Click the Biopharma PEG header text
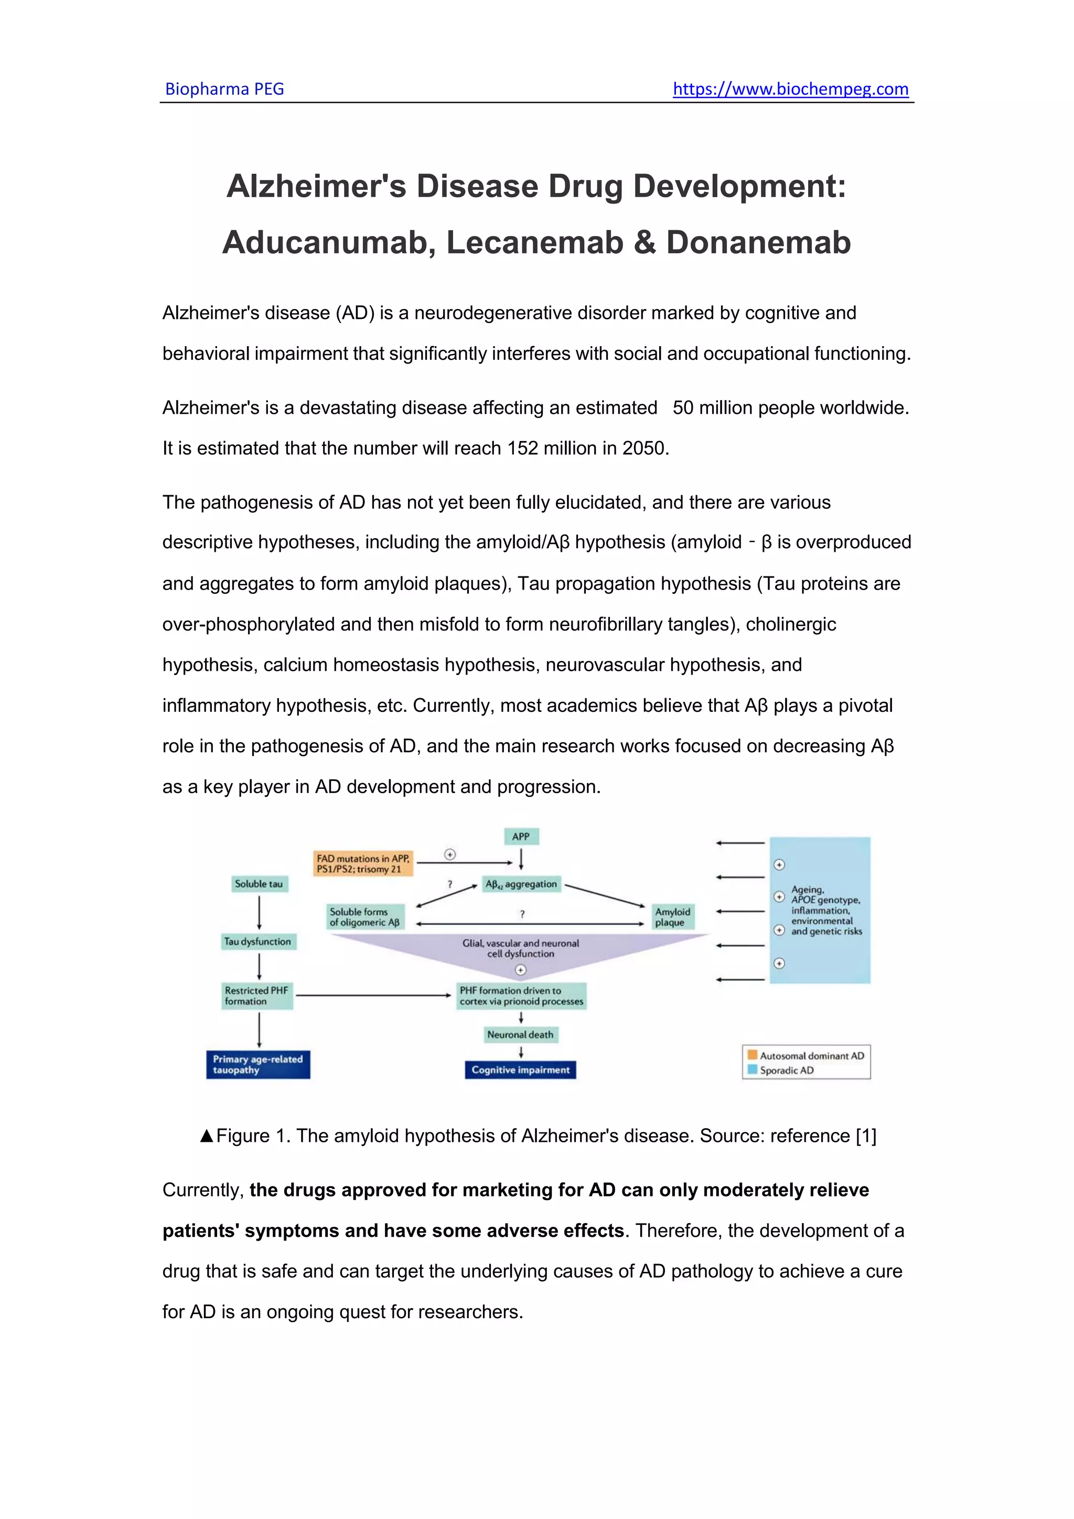[224, 89]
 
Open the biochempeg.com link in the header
[790, 89]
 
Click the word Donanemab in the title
[758, 242]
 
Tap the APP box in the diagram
[521, 836]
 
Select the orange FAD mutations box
[363, 863]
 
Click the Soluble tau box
[259, 884]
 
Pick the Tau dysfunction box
[258, 942]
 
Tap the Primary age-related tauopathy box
[258, 1064]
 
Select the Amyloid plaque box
[672, 917]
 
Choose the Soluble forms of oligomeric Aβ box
[365, 917]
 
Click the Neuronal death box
[520, 1035]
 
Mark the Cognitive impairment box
[520, 1070]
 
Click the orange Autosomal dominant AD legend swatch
[752, 1055]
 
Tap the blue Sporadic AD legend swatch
[752, 1070]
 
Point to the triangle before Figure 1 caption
[206, 1136]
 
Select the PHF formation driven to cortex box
[521, 996]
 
